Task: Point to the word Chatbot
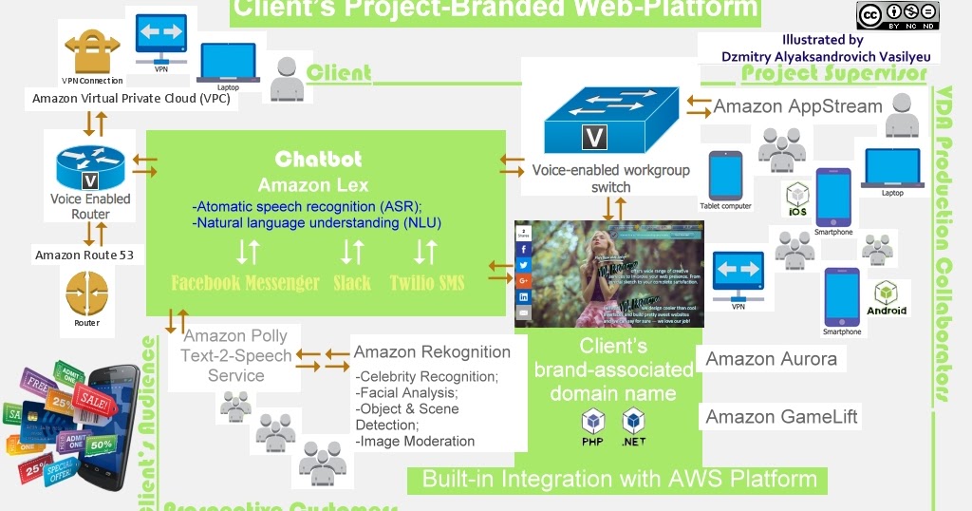pyautogui.click(x=318, y=159)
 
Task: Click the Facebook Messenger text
pyautogui.click(x=245, y=282)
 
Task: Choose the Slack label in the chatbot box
pyautogui.click(x=352, y=282)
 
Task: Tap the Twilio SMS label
pyautogui.click(x=427, y=282)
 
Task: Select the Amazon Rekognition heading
pyautogui.click(x=432, y=352)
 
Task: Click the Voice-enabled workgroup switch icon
pyautogui.click(x=610, y=120)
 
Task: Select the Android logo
pyautogui.click(x=886, y=296)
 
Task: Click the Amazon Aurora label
pyautogui.click(x=771, y=358)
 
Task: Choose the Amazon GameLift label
pyautogui.click(x=781, y=417)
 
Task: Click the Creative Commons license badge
pyautogui.click(x=897, y=15)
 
